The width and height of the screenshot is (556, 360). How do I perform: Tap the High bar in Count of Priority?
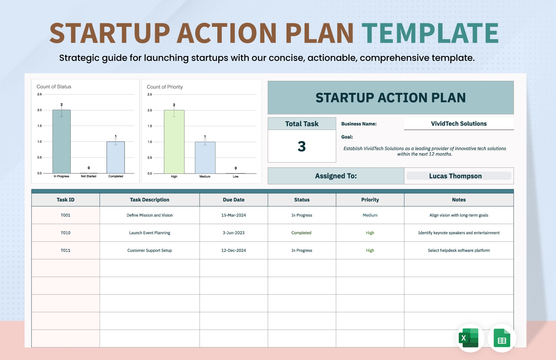click(174, 142)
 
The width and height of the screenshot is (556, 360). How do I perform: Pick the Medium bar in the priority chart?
click(205, 158)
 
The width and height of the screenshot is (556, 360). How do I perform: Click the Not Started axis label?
click(88, 176)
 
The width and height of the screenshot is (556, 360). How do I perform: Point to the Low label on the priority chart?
click(236, 177)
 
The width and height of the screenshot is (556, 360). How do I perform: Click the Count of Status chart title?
click(54, 87)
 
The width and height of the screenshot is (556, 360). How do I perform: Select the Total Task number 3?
click(302, 146)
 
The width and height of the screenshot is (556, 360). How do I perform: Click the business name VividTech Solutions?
click(459, 124)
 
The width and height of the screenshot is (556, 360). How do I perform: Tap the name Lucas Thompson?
click(455, 176)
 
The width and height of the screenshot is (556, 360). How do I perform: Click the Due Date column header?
click(233, 200)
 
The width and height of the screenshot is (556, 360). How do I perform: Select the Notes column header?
click(459, 200)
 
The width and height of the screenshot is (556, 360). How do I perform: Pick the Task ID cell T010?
click(66, 233)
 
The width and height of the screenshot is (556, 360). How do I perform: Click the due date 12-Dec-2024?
click(233, 250)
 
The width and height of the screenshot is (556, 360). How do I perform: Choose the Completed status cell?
click(301, 233)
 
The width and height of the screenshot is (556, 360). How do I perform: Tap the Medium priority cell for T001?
click(370, 215)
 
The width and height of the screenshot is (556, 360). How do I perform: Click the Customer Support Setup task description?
click(149, 250)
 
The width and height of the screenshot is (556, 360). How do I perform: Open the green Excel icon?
click(470, 338)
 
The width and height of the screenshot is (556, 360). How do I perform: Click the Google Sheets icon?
click(502, 338)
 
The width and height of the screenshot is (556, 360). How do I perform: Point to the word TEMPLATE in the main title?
click(430, 33)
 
